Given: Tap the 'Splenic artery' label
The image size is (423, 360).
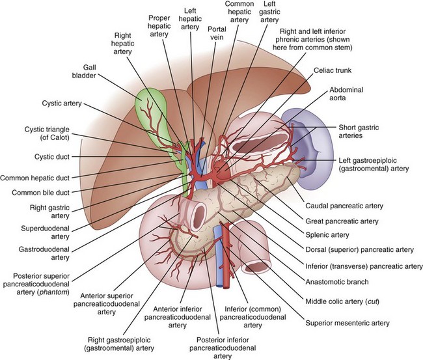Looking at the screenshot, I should (x=331, y=234).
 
